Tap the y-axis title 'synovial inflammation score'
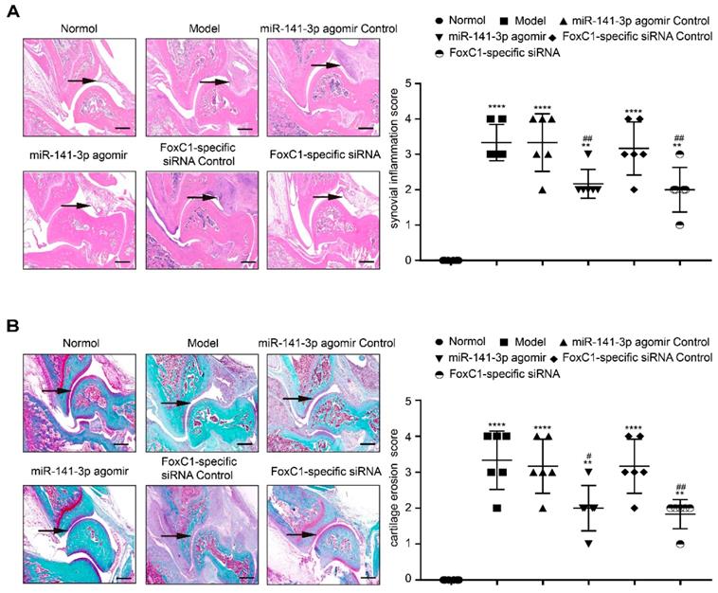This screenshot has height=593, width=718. (x=386, y=171)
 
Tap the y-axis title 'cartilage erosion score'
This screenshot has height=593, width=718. (x=386, y=491)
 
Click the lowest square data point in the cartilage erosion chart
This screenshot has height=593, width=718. (x=496, y=508)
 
